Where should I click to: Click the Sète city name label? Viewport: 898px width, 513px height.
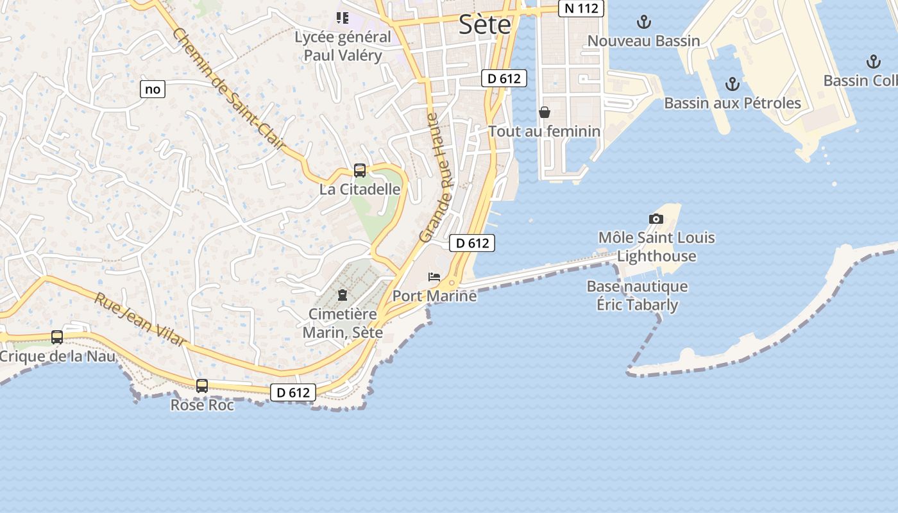point(485,24)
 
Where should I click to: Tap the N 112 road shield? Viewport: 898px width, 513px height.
point(580,9)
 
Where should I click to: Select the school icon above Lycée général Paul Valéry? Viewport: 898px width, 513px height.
point(343,17)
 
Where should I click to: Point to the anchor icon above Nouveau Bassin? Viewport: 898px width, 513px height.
point(643,22)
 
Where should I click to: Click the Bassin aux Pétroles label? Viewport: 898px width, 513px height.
point(732,103)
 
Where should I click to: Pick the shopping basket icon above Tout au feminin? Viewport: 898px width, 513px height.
point(545,113)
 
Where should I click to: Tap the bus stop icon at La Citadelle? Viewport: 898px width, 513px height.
point(360,171)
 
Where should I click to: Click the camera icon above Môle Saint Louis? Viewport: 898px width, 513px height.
point(656,219)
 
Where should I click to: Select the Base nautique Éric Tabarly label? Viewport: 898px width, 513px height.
point(637,295)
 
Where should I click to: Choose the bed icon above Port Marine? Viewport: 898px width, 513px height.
point(434,277)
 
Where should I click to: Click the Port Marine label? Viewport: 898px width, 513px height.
point(434,296)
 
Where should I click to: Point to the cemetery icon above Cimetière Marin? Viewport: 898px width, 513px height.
point(343,295)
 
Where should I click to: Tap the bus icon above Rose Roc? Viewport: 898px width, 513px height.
point(202,385)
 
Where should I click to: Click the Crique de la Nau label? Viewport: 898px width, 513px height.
point(58,356)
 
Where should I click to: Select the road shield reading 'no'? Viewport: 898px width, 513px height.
point(153,89)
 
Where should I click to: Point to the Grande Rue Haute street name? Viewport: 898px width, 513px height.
point(437,178)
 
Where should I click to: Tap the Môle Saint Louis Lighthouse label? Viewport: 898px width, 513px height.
point(656,247)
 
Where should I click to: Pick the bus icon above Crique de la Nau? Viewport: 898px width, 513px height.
point(57,337)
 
